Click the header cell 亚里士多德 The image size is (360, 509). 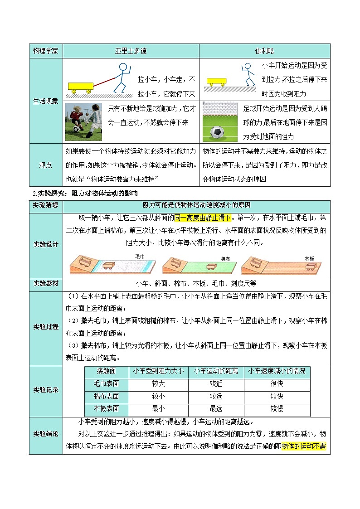pyautogui.click(x=131, y=51)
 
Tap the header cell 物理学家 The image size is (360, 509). pyautogui.click(x=46, y=51)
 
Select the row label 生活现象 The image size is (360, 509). pyautogui.click(x=46, y=101)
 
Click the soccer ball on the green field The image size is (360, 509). pyautogui.click(x=217, y=132)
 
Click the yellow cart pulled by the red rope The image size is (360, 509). pyautogui.click(x=81, y=86)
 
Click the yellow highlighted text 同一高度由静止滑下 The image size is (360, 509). pyautogui.click(x=203, y=218)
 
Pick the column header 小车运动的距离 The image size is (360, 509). pyautogui.click(x=216, y=371)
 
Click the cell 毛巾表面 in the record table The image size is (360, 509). pyautogui.click(x=107, y=384)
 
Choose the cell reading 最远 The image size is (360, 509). pyautogui.click(x=216, y=409)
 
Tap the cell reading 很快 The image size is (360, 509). pyautogui.click(x=277, y=384)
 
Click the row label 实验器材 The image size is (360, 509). pyautogui.click(x=46, y=284)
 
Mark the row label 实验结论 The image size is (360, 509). pyautogui.click(x=46, y=434)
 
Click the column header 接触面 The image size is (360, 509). pyautogui.click(x=107, y=371)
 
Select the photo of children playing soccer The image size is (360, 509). pyautogui.click(x=83, y=121)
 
